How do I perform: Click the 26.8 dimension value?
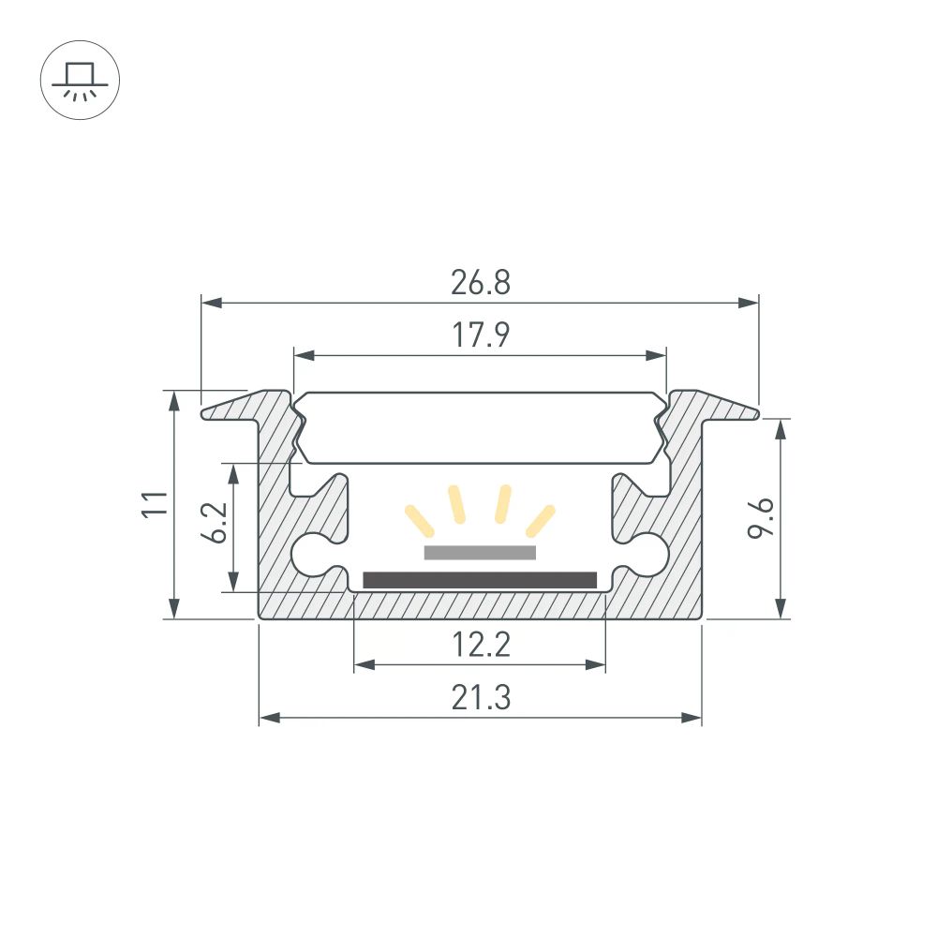point(480,282)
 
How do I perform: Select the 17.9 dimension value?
point(481,335)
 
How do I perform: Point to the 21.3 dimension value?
point(480,698)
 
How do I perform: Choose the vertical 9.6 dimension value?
point(761,518)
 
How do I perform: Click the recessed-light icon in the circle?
point(80,80)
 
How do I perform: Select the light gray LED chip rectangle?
point(480,553)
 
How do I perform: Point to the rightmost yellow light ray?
point(541,517)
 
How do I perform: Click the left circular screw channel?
point(312,554)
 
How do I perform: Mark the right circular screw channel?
point(648,554)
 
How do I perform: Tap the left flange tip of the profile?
point(208,411)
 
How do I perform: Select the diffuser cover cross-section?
point(480,428)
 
